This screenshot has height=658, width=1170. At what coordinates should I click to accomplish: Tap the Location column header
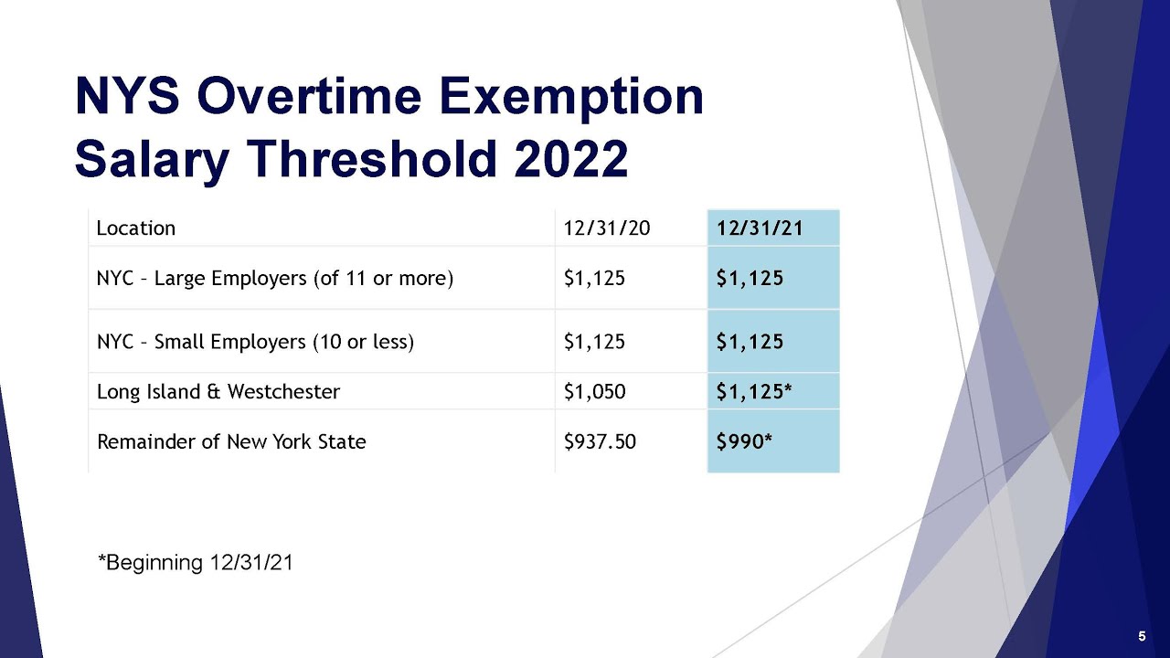[x=136, y=228]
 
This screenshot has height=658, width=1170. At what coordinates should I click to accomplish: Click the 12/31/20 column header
[x=607, y=228]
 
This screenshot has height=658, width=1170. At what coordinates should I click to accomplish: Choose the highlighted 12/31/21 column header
[x=760, y=228]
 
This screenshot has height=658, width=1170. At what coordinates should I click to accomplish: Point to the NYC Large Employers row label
[x=275, y=278]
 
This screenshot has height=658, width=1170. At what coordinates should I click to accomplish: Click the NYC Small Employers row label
[x=255, y=342]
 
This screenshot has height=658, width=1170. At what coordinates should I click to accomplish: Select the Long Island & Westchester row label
[x=218, y=392]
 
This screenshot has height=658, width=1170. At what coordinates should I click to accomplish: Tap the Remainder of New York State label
[x=231, y=441]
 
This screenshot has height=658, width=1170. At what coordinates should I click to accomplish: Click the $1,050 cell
[x=594, y=392]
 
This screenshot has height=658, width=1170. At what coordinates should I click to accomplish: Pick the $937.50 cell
[x=600, y=441]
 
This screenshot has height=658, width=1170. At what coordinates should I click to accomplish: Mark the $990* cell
[x=745, y=441]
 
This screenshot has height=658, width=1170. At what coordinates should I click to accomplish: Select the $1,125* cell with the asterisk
[x=754, y=392]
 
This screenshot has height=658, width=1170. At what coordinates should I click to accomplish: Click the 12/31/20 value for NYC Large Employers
[x=594, y=278]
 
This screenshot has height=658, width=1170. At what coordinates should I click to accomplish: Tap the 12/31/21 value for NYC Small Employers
[x=750, y=342]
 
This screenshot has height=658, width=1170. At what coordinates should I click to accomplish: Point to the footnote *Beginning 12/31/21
[x=196, y=562]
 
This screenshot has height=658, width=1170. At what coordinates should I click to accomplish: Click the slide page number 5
[x=1142, y=636]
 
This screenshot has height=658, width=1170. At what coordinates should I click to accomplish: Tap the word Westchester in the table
[x=283, y=392]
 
